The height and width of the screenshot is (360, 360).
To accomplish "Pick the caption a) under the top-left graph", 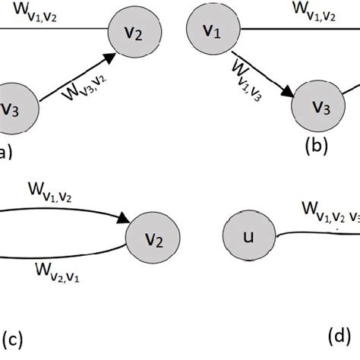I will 6,153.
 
